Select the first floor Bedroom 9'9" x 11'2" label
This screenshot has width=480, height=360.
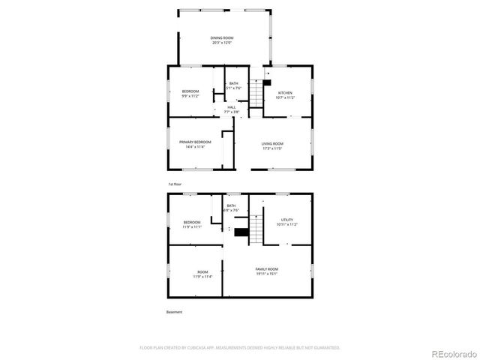point(191,94)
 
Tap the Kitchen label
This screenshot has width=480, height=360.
point(285,94)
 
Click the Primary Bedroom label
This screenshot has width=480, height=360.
point(192,144)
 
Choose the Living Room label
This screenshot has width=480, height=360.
point(272,145)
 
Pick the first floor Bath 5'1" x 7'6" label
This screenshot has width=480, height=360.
point(233,85)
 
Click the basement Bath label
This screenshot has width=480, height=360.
point(231,208)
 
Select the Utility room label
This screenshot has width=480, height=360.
point(286,222)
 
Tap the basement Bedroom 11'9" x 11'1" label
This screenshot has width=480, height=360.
point(192,224)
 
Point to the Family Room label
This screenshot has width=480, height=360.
point(266,271)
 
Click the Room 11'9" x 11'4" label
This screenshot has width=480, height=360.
point(202,274)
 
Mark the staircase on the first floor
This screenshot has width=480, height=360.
point(257,93)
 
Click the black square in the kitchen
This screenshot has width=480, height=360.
point(265,83)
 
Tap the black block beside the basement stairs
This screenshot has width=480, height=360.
point(241,232)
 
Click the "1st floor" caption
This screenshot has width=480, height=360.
point(174,184)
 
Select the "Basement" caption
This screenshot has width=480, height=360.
point(174,312)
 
